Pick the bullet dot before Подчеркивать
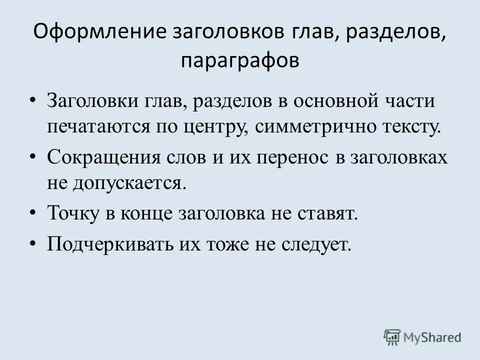click(x=33, y=242)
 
